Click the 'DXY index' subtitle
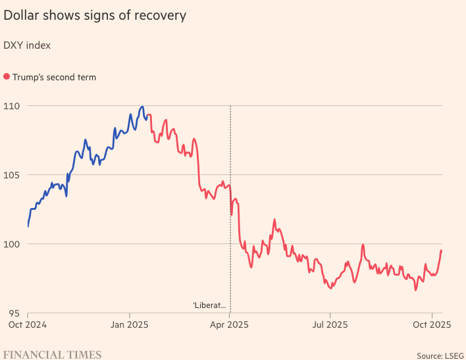[27, 45]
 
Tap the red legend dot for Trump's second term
[7, 77]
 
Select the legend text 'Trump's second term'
[54, 77]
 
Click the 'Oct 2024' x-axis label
[27, 324]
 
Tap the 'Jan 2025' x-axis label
[129, 324]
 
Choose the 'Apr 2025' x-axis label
[230, 324]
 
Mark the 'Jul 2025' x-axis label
[330, 324]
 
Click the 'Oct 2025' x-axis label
[432, 324]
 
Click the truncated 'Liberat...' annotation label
[209, 305]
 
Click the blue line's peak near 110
[142, 107]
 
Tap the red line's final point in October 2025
[441, 251]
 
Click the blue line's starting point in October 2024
[28, 226]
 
